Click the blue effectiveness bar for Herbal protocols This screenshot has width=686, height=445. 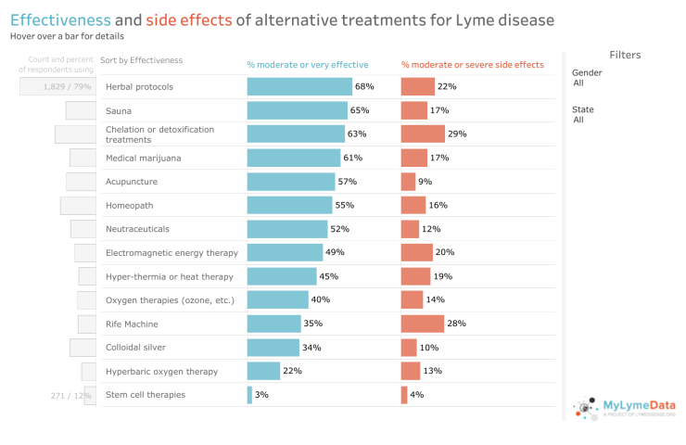(x=299, y=86)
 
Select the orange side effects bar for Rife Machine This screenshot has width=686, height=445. (x=422, y=324)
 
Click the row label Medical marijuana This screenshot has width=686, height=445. (x=143, y=158)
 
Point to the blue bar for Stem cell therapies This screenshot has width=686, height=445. (x=249, y=395)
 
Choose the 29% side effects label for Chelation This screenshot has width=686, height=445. (x=457, y=134)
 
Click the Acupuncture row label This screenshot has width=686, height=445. (x=132, y=182)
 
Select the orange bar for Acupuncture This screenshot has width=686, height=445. (x=408, y=182)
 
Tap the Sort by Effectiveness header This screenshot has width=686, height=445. (x=141, y=60)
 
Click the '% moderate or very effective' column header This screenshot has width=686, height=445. (x=307, y=65)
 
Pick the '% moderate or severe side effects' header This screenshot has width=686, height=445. (x=472, y=65)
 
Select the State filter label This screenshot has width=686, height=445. (x=583, y=109)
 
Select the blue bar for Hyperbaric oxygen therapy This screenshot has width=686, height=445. (x=263, y=371)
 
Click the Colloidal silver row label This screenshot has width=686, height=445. (x=137, y=348)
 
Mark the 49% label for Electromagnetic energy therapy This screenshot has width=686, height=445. (x=335, y=253)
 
